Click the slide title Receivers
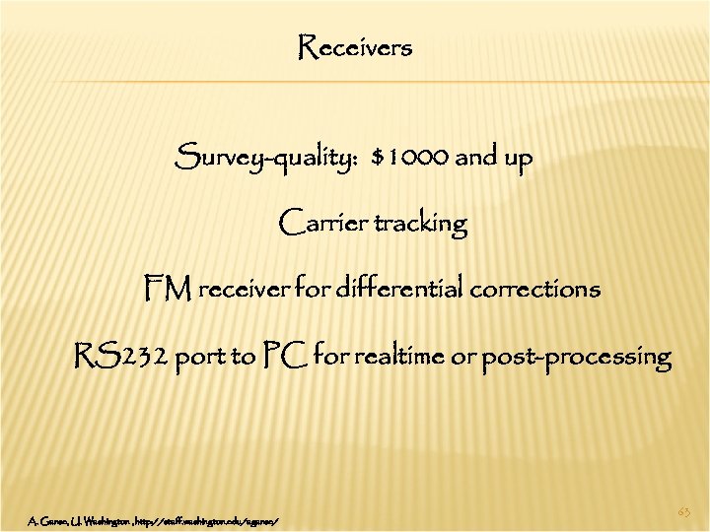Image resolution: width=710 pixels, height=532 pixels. click(355, 47)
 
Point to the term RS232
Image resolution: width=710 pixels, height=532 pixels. click(121, 356)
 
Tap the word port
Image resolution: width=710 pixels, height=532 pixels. click(201, 358)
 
